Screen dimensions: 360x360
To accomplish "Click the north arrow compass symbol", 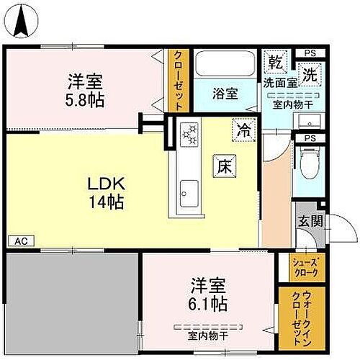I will (x=22, y=19).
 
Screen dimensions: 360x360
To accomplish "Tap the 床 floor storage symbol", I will (x=222, y=164).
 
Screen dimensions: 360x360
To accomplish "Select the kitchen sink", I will (x=189, y=192).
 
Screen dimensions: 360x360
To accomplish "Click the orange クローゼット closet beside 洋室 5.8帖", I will (x=177, y=79).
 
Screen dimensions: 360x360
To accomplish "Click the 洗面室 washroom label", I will (x=279, y=84).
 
